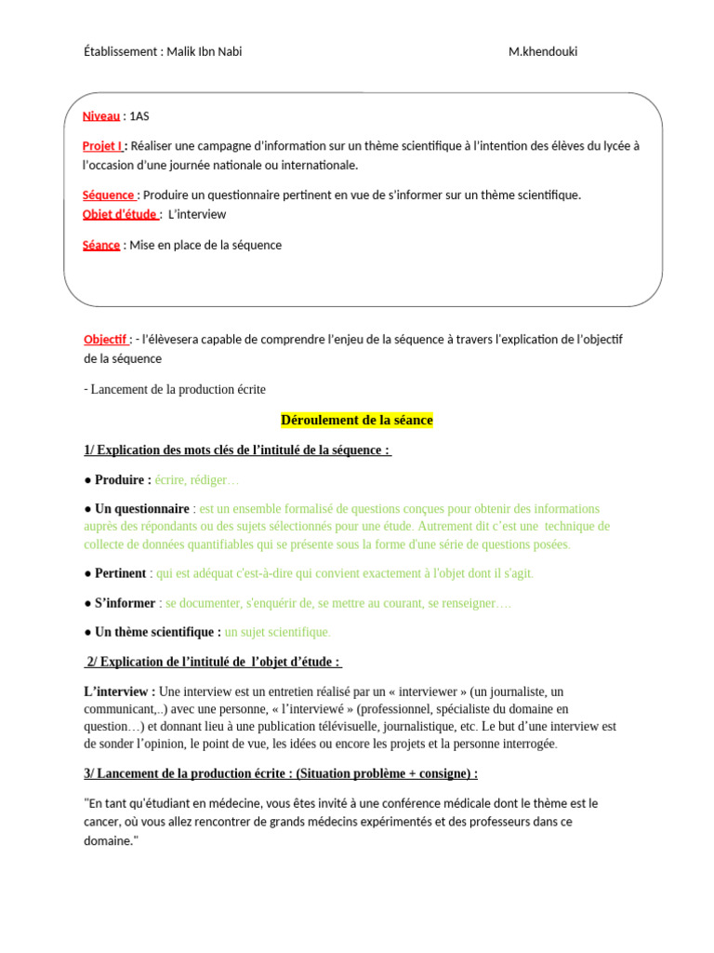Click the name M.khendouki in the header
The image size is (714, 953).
click(543, 52)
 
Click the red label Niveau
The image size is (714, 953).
click(101, 116)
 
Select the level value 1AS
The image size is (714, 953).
click(139, 116)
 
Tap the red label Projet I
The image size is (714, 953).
click(102, 146)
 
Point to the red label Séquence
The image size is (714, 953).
click(109, 195)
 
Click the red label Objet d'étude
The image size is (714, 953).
click(120, 214)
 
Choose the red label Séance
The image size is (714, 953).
click(101, 246)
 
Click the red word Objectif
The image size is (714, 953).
click(106, 340)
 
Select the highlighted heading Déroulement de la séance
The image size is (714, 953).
click(357, 421)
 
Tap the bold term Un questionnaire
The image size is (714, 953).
click(141, 509)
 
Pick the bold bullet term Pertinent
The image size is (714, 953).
click(121, 573)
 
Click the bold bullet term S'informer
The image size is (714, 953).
click(126, 603)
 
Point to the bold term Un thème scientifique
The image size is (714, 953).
click(157, 632)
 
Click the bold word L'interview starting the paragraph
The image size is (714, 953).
click(119, 691)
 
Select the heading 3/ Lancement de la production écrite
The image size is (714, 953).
click(281, 773)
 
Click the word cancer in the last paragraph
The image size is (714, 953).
click(102, 822)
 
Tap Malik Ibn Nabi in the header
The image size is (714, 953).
click(205, 52)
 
